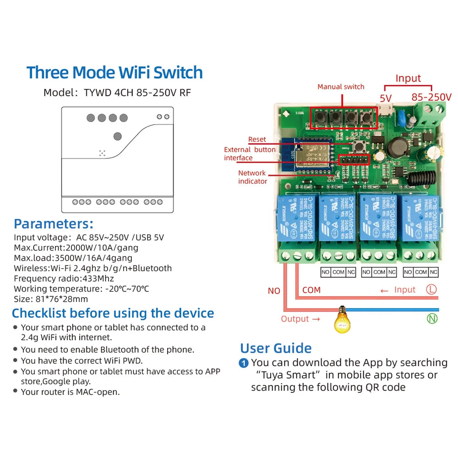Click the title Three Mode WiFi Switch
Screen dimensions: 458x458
pyautogui.click(x=114, y=73)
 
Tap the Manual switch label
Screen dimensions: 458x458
pyautogui.click(x=341, y=87)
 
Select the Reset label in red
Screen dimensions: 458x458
pyautogui.click(x=257, y=139)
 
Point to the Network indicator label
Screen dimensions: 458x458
pyautogui.click(x=252, y=177)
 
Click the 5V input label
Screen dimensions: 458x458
pyautogui.click(x=386, y=97)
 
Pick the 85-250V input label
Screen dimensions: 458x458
pyautogui.click(x=431, y=97)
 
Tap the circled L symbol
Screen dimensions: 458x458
pyautogui.click(x=431, y=289)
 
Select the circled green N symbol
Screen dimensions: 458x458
pyautogui.click(x=432, y=319)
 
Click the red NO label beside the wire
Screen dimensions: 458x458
pyautogui.click(x=274, y=291)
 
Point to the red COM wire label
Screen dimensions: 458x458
pyautogui.click(x=311, y=290)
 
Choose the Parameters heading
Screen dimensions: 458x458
pyautogui.click(x=54, y=224)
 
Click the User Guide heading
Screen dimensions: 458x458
pyautogui.click(x=276, y=348)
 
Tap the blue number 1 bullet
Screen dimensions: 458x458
pyautogui.click(x=244, y=363)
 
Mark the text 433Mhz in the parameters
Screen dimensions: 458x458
pyautogui.click(x=98, y=278)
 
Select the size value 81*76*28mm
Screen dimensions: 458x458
pyautogui.click(x=61, y=299)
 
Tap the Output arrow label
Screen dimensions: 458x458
pyautogui.click(x=300, y=319)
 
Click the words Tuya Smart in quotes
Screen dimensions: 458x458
pyautogui.click(x=289, y=375)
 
